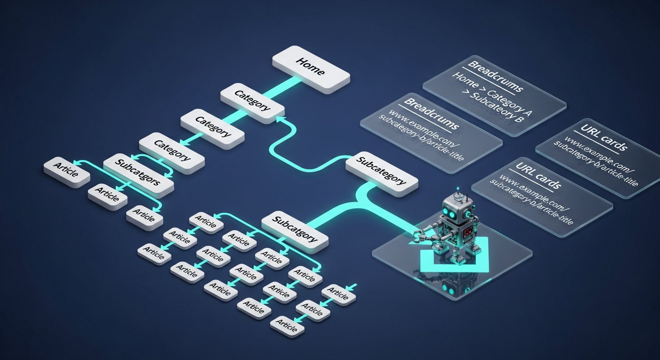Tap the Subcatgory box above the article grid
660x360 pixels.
[294, 228]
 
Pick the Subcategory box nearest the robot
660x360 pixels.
[381, 173]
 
